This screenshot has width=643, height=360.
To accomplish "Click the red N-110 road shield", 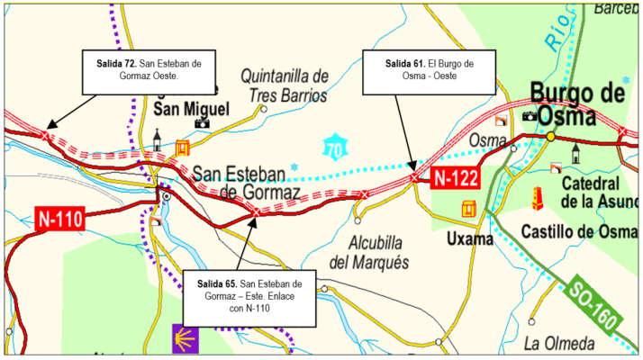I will point(59,216).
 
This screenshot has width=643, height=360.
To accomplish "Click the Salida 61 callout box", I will point(429,70).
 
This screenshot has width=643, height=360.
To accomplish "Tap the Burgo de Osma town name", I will point(577,104).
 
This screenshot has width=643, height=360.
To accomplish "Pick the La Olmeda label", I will point(558,343).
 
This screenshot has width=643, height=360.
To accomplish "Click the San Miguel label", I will point(192,109).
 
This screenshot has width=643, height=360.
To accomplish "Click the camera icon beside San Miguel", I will point(202,124).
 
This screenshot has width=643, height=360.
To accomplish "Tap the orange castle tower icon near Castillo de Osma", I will point(538,201).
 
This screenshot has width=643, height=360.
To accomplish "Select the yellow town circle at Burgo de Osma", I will point(550,136).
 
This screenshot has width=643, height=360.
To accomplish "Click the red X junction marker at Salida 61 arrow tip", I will point(414,178).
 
